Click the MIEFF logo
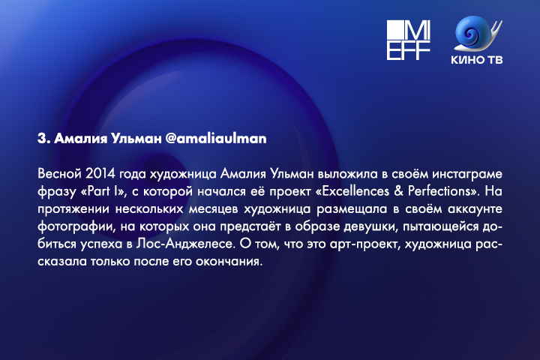[x=409, y=40]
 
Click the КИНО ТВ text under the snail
[x=477, y=59]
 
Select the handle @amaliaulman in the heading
[x=215, y=139]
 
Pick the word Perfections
[x=439, y=191]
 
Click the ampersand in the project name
[x=398, y=191]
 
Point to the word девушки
[x=370, y=226]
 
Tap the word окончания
[x=229, y=262]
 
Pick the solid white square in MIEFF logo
[x=395, y=30]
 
